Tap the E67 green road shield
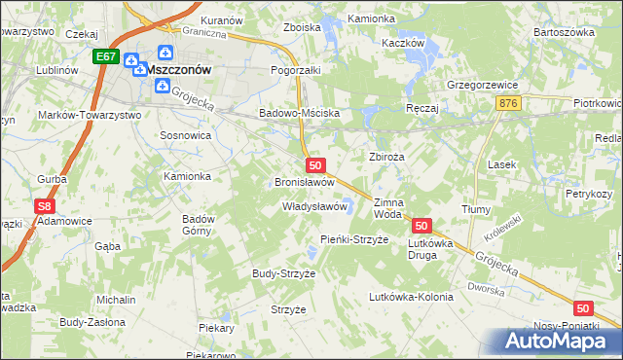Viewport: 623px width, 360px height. (107, 58)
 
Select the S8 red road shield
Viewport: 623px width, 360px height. (43, 206)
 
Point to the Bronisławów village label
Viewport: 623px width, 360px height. (305, 182)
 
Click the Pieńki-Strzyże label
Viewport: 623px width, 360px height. (354, 238)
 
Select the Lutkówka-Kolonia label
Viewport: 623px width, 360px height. (410, 297)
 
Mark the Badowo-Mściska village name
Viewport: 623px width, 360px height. (298, 113)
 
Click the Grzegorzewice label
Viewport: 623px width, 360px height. (481, 84)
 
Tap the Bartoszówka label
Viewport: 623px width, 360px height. (564, 32)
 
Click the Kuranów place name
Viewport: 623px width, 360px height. (220, 19)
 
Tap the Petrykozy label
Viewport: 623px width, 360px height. (588, 194)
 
